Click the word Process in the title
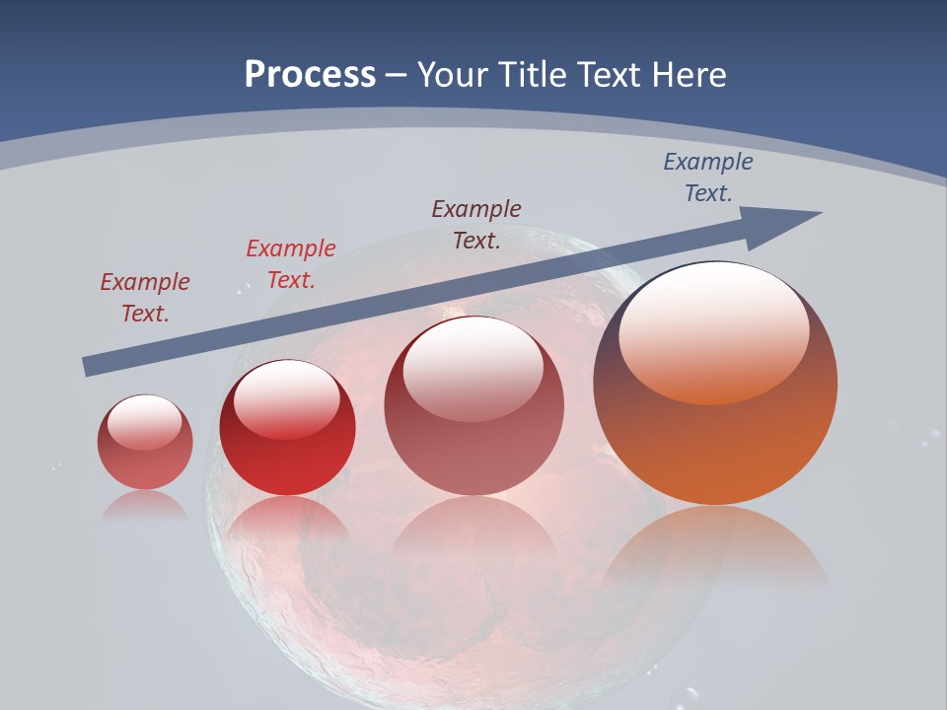[310, 75]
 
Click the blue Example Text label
[707, 177]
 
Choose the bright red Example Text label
[290, 264]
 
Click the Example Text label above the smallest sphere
[144, 298]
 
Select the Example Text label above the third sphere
[476, 224]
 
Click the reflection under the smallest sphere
[145, 505]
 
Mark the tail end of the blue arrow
[91, 367]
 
